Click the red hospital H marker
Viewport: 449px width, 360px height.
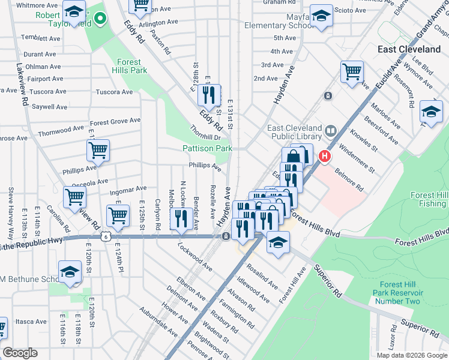[x=325, y=157]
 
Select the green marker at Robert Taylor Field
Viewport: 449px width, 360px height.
[x=101, y=24]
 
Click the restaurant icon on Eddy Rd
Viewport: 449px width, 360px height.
[x=209, y=95]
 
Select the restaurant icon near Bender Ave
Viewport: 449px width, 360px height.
[x=181, y=219]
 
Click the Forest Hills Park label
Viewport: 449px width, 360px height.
[x=128, y=66]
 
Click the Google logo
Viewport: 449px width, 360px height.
[x=20, y=353]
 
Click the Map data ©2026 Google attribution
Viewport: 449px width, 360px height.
[x=412, y=355]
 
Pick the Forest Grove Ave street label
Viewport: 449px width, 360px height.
[x=115, y=121]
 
